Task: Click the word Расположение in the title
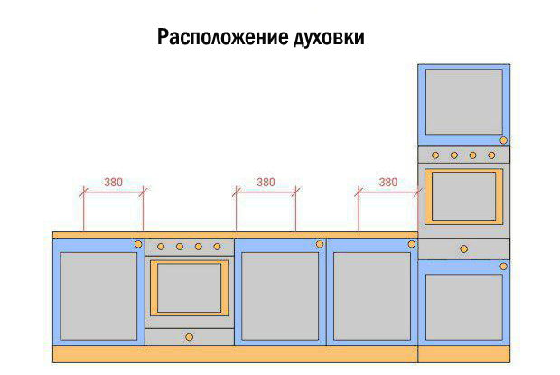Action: pos(222,38)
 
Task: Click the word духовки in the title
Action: pos(329,38)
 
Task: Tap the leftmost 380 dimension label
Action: pos(113,183)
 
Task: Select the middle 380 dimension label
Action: pos(266,183)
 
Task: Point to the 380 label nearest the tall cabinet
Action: pos(388,183)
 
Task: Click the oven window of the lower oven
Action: pos(190,288)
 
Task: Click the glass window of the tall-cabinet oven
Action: pos(464,196)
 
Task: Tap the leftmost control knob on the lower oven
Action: pos(161,247)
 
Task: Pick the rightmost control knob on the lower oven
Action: pos(217,247)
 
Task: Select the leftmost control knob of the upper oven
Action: pos(435,155)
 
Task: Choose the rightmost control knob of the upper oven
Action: pos(491,155)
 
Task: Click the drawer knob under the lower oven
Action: pos(190,337)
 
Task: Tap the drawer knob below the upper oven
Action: pos(464,248)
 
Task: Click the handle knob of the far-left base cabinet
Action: pos(138,244)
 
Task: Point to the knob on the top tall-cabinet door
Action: pos(504,140)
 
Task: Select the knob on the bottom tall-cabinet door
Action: pos(504,267)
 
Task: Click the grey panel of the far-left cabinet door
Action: pos(98,296)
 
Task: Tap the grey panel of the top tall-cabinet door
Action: pos(464,102)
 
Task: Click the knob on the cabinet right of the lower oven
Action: pos(320,244)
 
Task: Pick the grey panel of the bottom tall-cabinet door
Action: pos(464,307)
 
